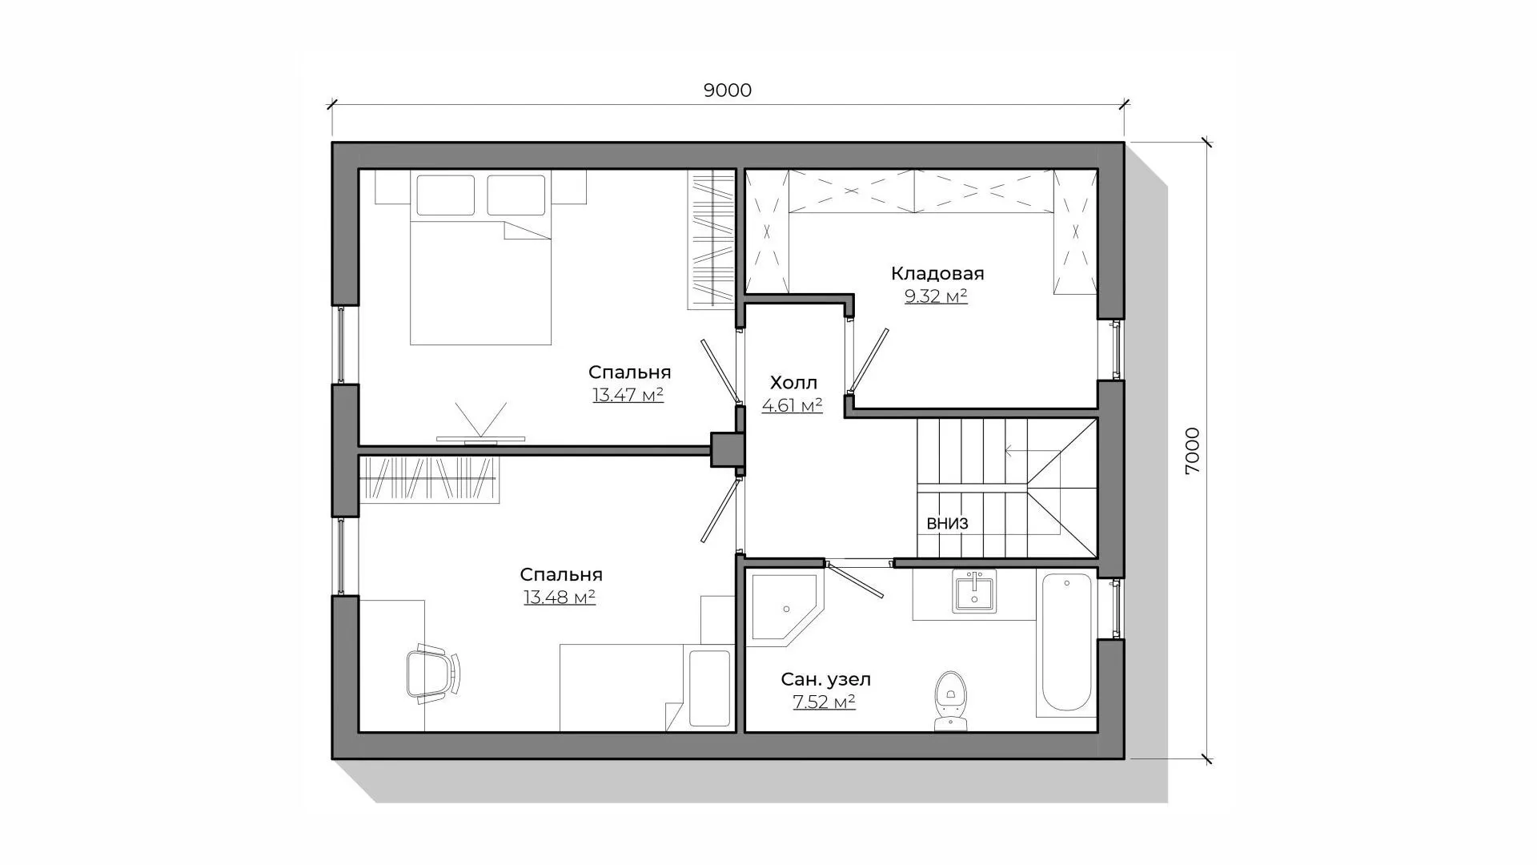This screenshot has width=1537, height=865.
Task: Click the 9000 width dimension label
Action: pyautogui.click(x=728, y=91)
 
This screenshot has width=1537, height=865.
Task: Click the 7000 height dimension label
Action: pyautogui.click(x=1193, y=451)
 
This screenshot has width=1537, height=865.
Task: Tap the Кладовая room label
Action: pyautogui.click(x=937, y=274)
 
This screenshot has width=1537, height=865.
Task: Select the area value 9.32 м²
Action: pyautogui.click(x=936, y=296)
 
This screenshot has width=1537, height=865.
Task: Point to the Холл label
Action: pyautogui.click(x=793, y=383)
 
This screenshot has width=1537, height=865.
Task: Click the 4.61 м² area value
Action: pyautogui.click(x=792, y=405)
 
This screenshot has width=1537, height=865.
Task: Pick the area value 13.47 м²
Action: pyautogui.click(x=628, y=395)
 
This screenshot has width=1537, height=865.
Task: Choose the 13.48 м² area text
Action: pyautogui.click(x=560, y=597)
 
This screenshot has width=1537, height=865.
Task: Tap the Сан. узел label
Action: pyautogui.click(x=825, y=680)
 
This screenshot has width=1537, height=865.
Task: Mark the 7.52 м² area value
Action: pyautogui.click(x=824, y=702)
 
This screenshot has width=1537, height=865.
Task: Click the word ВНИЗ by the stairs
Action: pyautogui.click(x=947, y=524)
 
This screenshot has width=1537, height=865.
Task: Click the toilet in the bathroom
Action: pyautogui.click(x=950, y=701)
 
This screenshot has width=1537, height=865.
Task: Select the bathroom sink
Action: pyautogui.click(x=973, y=592)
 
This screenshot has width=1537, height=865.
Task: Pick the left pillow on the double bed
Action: pyautogui.click(x=445, y=195)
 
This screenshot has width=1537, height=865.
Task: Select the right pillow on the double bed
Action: pyautogui.click(x=516, y=195)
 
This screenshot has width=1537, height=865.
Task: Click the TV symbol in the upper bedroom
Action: pyautogui.click(x=480, y=423)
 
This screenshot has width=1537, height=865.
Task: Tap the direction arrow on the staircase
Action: pyautogui.click(x=1033, y=451)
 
